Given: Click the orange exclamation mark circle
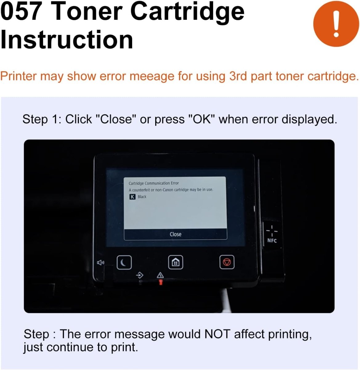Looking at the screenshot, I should (336, 24).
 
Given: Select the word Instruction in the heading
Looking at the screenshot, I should (67, 40).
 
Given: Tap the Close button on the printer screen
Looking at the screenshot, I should (176, 234).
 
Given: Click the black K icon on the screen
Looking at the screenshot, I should (132, 197).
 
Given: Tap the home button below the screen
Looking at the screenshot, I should (176, 262).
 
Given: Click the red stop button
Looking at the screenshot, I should (227, 262).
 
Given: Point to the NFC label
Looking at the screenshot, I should (272, 240).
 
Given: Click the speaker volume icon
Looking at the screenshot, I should (100, 263).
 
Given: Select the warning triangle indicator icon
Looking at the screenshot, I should (160, 275).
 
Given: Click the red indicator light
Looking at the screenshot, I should (160, 282).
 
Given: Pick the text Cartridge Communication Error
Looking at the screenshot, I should (154, 183).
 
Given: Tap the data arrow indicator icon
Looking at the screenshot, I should (140, 274).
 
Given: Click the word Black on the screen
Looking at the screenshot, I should (142, 197).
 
